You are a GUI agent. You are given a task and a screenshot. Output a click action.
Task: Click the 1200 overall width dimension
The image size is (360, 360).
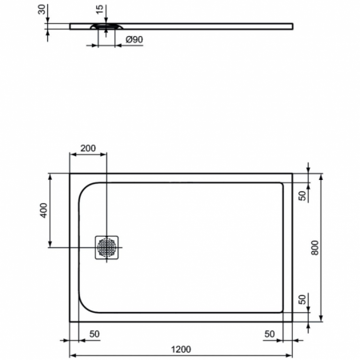(181, 348)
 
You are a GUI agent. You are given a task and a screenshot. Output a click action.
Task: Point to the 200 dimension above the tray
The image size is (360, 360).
(88, 149)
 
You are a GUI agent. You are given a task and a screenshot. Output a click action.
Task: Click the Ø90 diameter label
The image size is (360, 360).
(134, 39)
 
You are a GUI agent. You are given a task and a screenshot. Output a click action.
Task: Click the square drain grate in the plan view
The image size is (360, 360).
(107, 247)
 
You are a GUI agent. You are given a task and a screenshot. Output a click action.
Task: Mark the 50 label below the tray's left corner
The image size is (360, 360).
(94, 333)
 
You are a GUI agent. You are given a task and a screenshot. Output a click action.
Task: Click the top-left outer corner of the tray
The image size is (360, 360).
(70, 174)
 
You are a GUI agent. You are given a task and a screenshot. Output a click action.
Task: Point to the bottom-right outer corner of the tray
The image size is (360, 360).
(293, 322)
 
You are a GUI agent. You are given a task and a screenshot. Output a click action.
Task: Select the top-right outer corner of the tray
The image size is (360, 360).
(293, 174)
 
